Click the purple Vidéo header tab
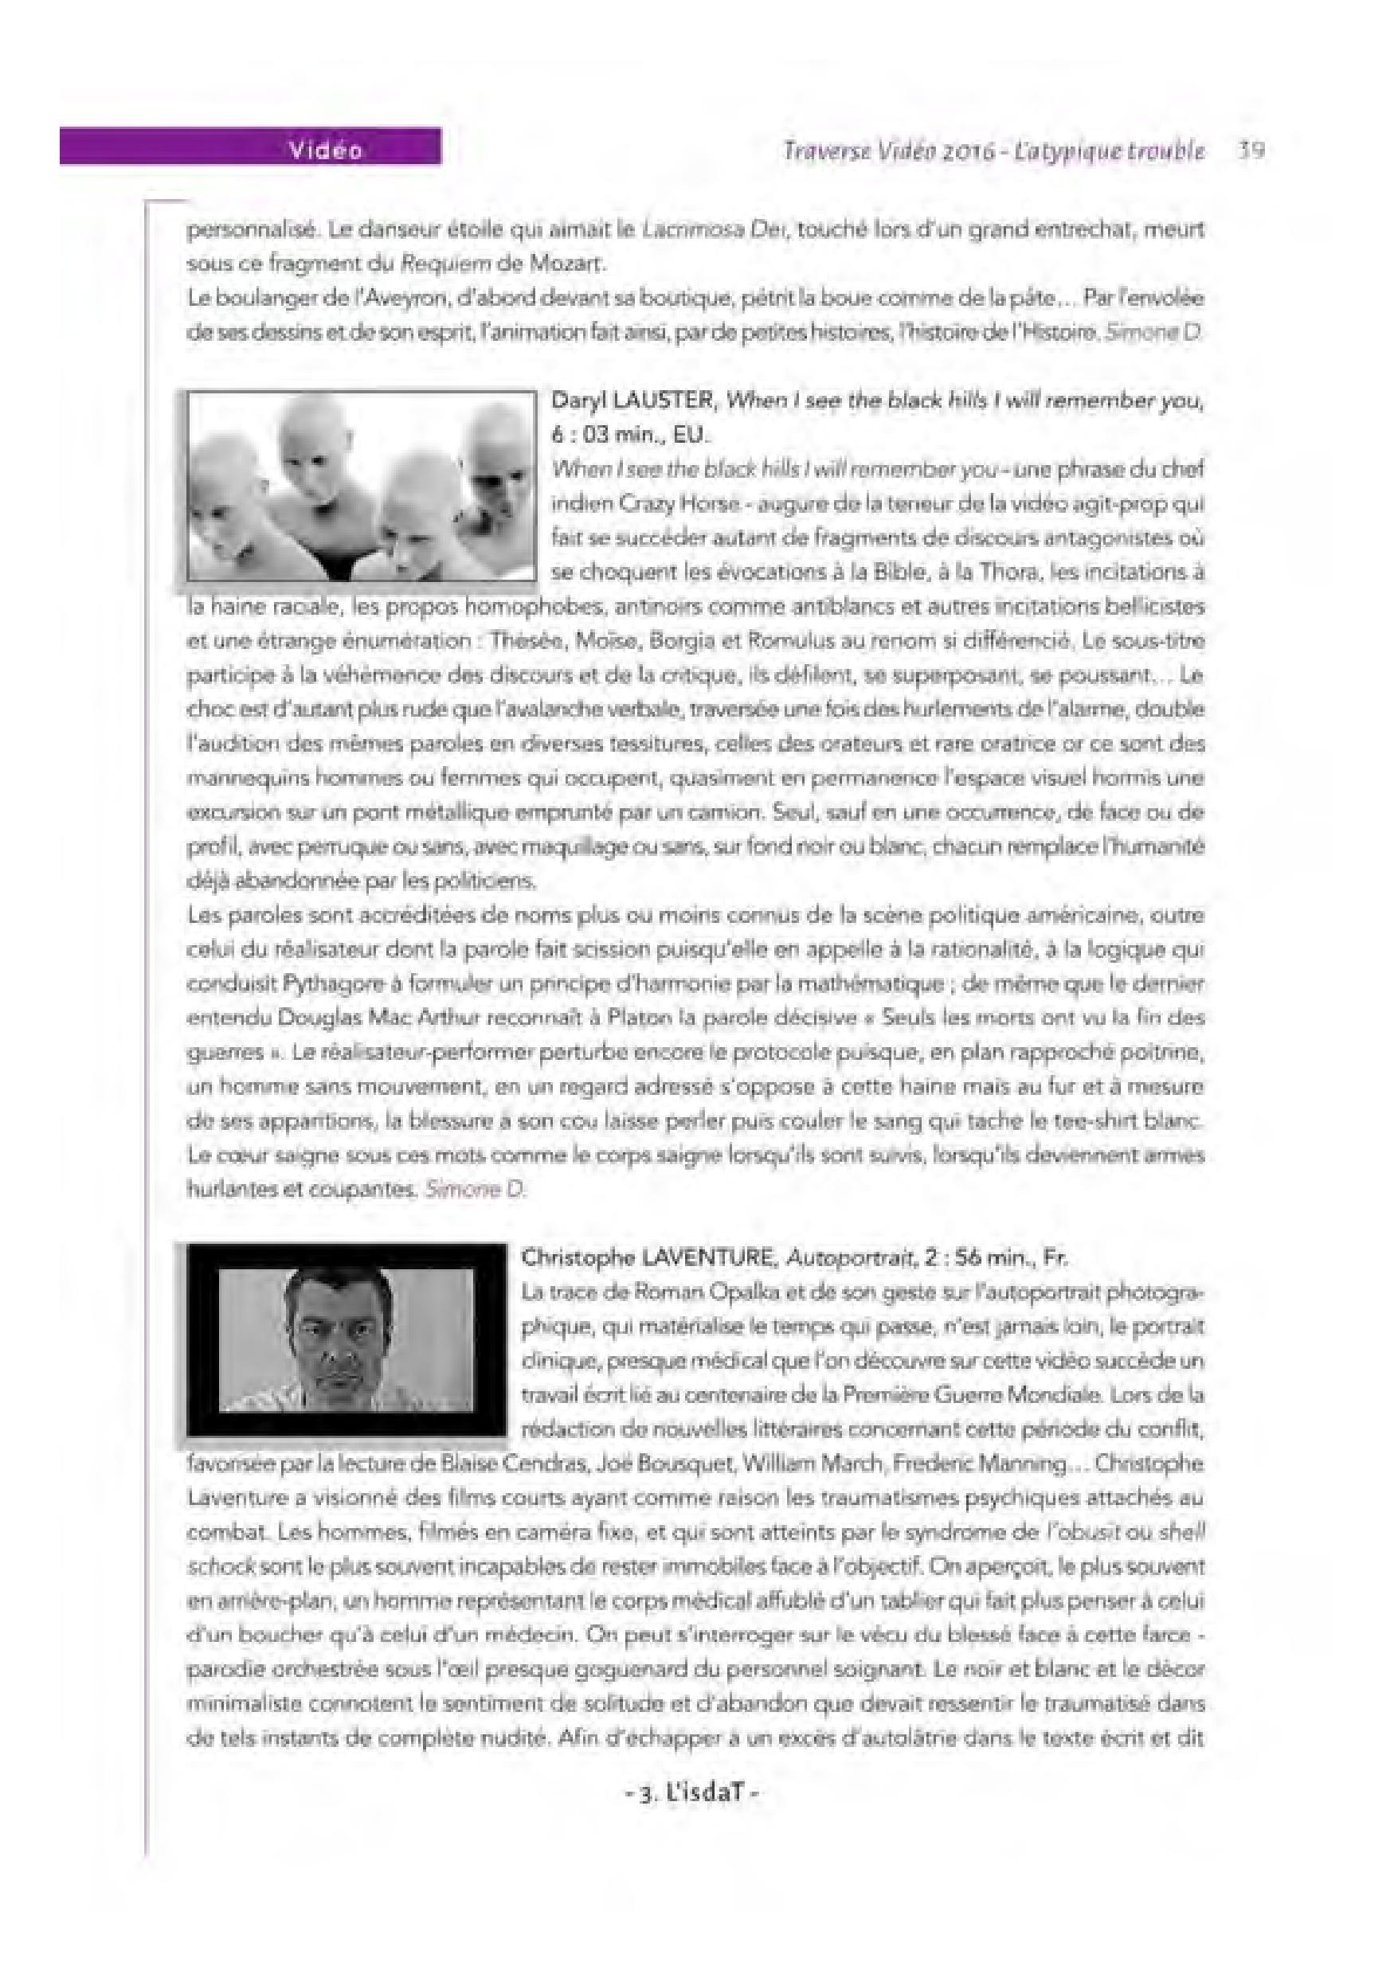(x=249, y=149)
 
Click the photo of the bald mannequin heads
(x=361, y=486)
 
